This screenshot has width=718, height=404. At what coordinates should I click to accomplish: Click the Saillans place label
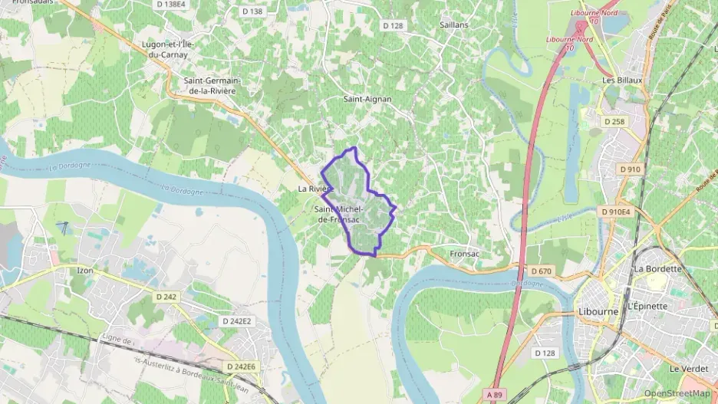click(x=454, y=25)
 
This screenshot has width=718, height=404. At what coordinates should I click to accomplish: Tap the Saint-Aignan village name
click(x=367, y=99)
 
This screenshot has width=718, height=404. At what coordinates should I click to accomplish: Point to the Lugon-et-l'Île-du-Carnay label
click(x=168, y=49)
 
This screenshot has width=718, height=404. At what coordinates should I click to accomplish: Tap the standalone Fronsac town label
click(x=464, y=253)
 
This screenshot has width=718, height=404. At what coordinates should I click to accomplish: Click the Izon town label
click(x=85, y=271)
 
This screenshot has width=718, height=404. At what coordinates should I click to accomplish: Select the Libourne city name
click(x=598, y=313)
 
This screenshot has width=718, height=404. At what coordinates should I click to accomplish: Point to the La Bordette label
click(x=657, y=269)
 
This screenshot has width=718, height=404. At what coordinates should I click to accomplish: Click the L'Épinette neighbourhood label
click(x=647, y=306)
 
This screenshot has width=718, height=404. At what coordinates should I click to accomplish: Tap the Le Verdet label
click(x=687, y=369)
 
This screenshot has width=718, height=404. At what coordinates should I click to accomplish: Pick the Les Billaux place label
click(x=622, y=80)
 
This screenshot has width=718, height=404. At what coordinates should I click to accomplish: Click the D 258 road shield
click(x=615, y=121)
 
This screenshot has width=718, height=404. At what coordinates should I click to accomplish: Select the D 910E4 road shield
click(x=615, y=212)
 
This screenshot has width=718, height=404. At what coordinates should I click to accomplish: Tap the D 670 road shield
click(x=541, y=271)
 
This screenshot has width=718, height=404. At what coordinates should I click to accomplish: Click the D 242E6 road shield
click(x=241, y=367)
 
